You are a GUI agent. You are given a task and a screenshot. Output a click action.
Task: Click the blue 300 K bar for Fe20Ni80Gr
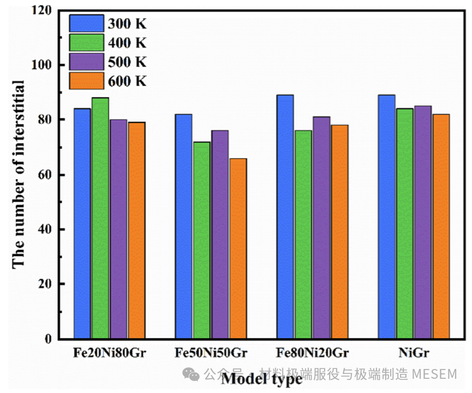[x=82, y=224]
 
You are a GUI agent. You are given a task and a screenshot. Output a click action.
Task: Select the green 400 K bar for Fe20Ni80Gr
[x=100, y=218]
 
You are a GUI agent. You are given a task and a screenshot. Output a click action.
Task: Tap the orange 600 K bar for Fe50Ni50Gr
[x=238, y=248]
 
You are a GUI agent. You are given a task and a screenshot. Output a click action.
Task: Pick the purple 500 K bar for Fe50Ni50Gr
[x=220, y=235]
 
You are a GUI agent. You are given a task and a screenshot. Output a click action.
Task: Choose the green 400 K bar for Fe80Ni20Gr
[x=303, y=235]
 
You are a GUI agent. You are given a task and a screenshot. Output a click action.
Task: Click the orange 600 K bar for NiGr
[x=440, y=227]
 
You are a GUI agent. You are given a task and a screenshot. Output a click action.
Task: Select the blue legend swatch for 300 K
[x=86, y=23]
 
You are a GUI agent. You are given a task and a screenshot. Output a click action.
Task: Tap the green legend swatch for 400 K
[x=86, y=42]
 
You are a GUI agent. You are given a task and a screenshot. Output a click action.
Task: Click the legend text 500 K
[x=127, y=62]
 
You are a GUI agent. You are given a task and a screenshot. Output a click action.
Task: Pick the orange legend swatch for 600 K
[x=86, y=81]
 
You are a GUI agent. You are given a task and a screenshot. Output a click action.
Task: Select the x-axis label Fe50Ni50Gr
[x=211, y=353]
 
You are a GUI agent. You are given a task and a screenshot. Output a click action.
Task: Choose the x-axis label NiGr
[x=413, y=353]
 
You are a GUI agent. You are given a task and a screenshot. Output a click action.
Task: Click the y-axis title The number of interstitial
[x=19, y=174]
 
